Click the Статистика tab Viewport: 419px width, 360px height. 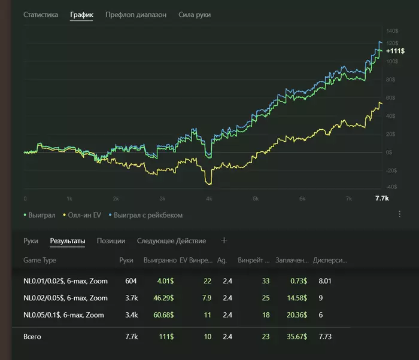click(41, 14)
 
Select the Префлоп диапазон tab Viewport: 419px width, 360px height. click(136, 15)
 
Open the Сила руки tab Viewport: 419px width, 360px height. click(195, 15)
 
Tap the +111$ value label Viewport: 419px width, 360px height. click(395, 51)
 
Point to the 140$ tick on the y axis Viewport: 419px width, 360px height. click(392, 31)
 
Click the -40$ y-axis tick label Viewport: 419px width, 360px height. click(391, 187)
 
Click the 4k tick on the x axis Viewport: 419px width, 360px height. click(209, 199)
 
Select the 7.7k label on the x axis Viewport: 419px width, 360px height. click(382, 198)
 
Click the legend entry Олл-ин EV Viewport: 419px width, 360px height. click(82, 215)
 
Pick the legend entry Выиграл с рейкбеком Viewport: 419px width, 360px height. click(145, 215)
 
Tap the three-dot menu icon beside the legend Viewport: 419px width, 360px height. click(399, 214)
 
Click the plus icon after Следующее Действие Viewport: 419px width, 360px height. click(224, 240)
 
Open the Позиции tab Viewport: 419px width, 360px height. click(111, 241)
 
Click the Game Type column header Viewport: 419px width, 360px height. click(40, 260)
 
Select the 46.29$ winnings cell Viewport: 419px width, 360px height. click(163, 298)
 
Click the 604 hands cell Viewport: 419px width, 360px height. click(130, 281)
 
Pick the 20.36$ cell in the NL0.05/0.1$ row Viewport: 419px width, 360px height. click(297, 315)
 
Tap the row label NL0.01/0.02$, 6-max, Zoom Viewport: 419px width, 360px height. click(65, 281)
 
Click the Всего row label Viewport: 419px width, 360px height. click(32, 337)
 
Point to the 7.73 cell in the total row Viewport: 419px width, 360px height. click(325, 337)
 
